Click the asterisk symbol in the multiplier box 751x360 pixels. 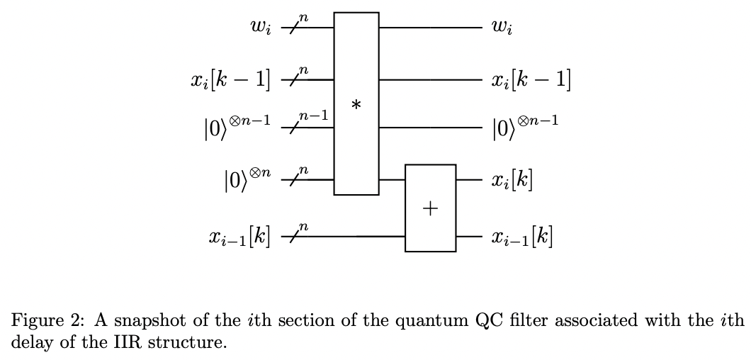coord(356,105)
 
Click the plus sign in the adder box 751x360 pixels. coord(430,208)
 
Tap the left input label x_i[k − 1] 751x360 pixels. coord(230,80)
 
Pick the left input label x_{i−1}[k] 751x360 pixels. coord(239,235)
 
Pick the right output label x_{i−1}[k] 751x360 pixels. coord(521,235)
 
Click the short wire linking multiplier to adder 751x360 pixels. coord(391,180)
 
